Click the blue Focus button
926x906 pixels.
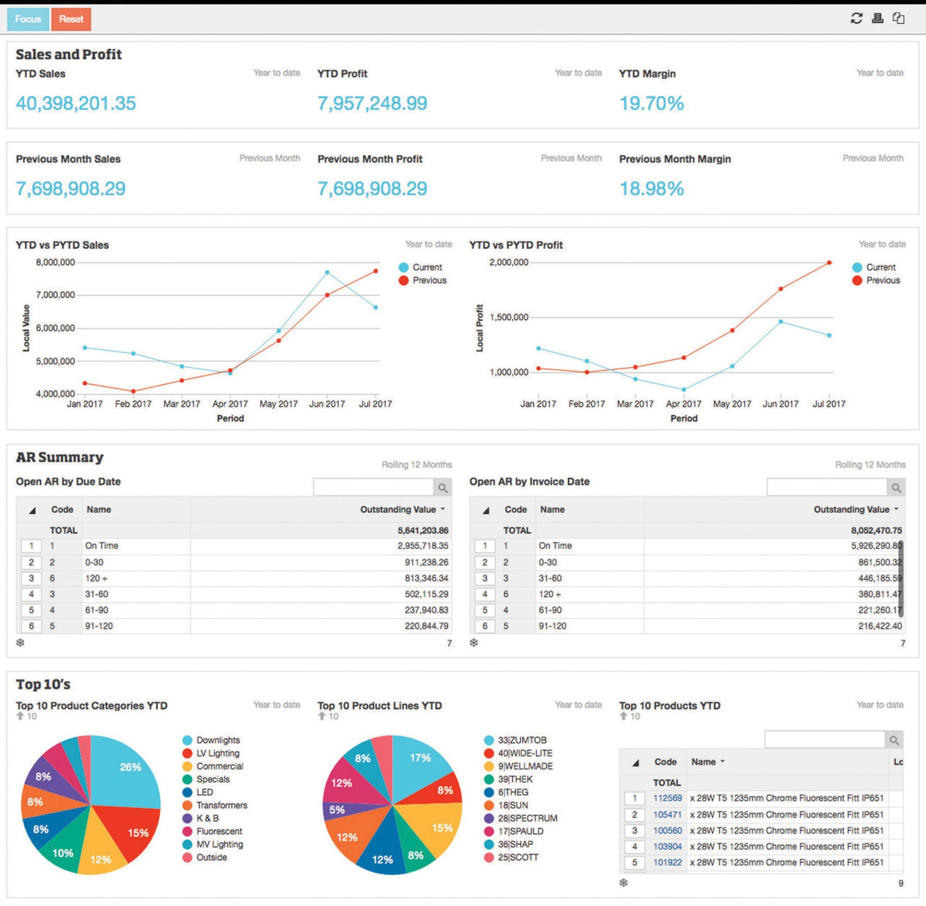28,19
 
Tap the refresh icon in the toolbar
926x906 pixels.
856,18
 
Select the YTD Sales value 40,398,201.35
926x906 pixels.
76,103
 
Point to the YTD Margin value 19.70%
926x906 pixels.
651,103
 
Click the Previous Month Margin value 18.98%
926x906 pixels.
651,189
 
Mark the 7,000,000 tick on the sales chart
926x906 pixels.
55,295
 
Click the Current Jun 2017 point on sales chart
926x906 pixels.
327,272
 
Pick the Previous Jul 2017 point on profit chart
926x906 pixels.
829,263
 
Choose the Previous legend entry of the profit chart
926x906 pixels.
883,280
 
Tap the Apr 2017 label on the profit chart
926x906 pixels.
684,404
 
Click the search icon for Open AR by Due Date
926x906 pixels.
443,488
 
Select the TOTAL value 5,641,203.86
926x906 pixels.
423,530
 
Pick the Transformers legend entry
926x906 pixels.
222,805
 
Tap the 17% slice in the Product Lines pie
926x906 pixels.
419,761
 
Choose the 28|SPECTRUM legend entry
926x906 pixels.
527,818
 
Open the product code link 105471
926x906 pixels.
667,814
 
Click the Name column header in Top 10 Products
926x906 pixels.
704,762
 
